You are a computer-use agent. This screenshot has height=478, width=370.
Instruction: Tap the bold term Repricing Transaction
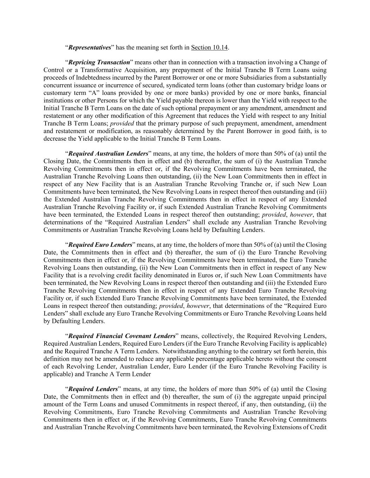click(x=99, y=62)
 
